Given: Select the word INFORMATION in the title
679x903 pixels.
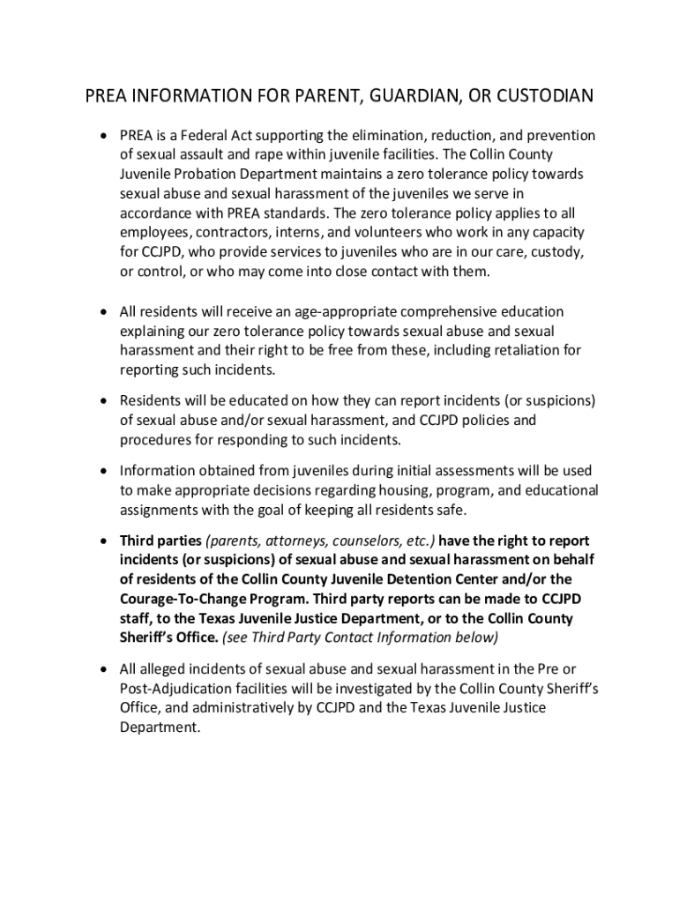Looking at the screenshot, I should [193, 96].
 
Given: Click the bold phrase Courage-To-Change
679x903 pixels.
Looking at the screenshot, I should [189, 599].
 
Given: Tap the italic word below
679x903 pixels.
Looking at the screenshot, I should [478, 638].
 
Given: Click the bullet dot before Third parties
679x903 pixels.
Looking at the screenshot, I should [103, 541].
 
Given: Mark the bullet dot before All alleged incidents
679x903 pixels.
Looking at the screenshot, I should [103, 668].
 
